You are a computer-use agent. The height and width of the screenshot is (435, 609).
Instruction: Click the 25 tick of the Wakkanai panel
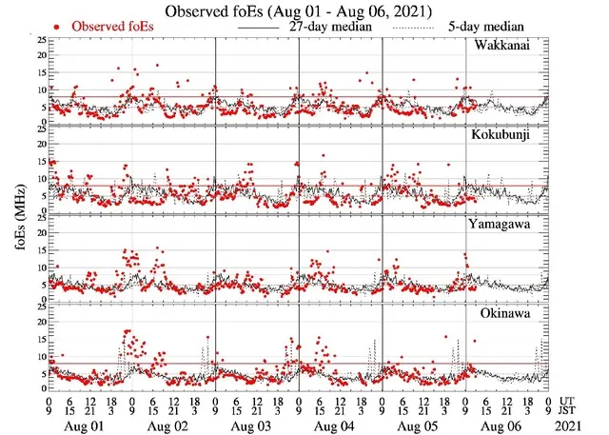pos(38,40)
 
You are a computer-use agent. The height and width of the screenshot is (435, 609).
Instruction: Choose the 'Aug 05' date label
pos(424,422)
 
